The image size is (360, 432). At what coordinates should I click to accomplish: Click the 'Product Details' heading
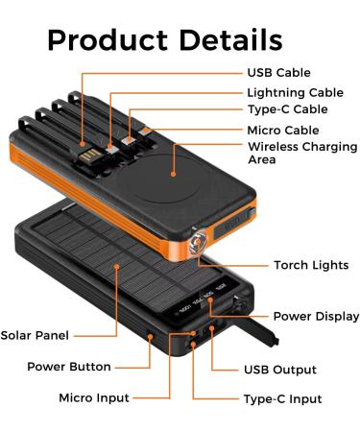[165, 39]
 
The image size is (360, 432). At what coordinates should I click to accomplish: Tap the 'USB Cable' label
[280, 72]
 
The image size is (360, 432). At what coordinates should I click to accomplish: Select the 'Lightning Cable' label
[295, 91]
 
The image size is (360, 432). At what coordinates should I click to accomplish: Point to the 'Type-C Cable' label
[287, 110]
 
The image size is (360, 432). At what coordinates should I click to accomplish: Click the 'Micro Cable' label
[283, 130]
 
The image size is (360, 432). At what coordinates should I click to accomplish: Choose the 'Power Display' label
[316, 316]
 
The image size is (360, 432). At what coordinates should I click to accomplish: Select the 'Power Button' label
[69, 366]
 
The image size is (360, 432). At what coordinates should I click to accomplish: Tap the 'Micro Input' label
[94, 396]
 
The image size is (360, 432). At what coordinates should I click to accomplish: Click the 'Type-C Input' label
[282, 398]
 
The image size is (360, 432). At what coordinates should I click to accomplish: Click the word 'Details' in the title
[223, 39]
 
